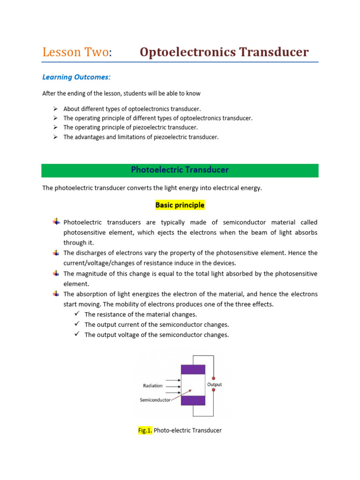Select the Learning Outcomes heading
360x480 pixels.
[x=76, y=77]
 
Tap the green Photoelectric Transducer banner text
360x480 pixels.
[x=180, y=170]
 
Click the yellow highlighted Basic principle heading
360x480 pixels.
[x=180, y=205]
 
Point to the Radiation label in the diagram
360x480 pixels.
[x=153, y=386]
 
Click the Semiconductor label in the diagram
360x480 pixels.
[x=155, y=400]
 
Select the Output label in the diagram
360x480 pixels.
[x=214, y=384]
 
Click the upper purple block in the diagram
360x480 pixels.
[x=193, y=369]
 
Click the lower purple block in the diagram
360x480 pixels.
[x=193, y=400]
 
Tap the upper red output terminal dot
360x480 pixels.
[x=214, y=377]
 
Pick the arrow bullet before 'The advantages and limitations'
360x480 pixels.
[x=55, y=137]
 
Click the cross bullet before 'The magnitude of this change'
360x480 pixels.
[x=56, y=273]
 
